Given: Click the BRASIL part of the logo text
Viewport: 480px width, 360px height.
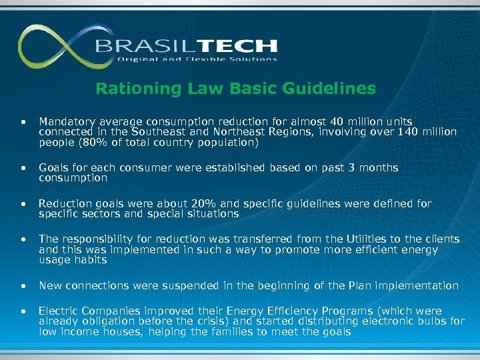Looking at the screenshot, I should coord(138,46).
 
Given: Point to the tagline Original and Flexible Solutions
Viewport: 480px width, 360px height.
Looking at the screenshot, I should coord(197,59).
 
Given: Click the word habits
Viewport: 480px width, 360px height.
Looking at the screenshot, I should coord(90,260).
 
